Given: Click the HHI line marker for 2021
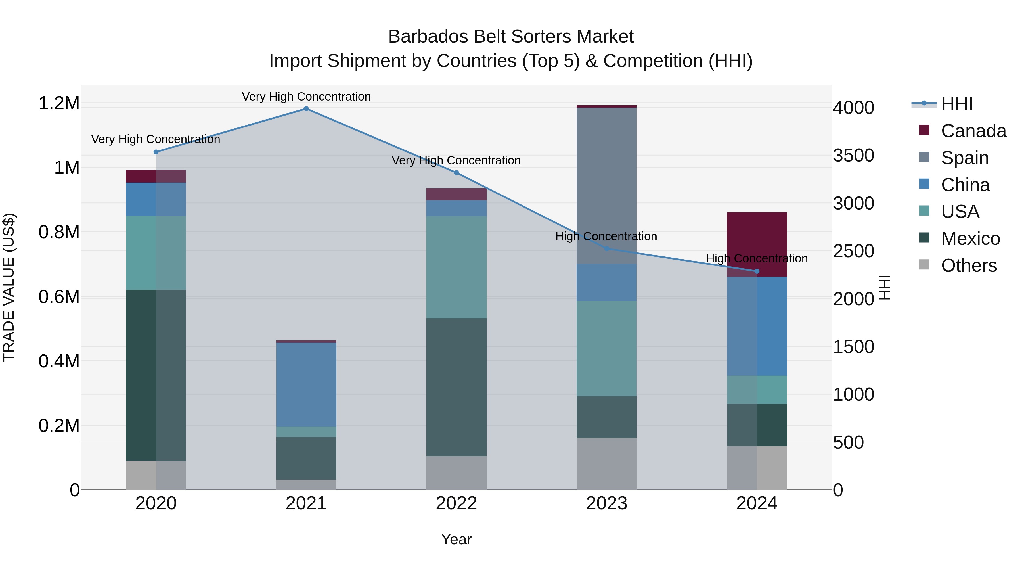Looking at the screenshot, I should [306, 109].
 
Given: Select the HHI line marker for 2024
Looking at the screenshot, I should [757, 271].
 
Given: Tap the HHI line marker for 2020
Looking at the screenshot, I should [156, 152].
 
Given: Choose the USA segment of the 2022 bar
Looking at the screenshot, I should [456, 267].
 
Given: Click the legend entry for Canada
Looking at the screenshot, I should [973, 131].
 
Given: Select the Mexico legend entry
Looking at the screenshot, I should [970, 239].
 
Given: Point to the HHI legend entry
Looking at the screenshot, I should [956, 104].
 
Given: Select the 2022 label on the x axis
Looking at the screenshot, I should [456, 503].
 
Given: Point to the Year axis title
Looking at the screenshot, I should [456, 539].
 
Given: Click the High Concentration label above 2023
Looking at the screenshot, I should [606, 236].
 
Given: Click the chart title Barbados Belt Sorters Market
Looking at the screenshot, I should [511, 37].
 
